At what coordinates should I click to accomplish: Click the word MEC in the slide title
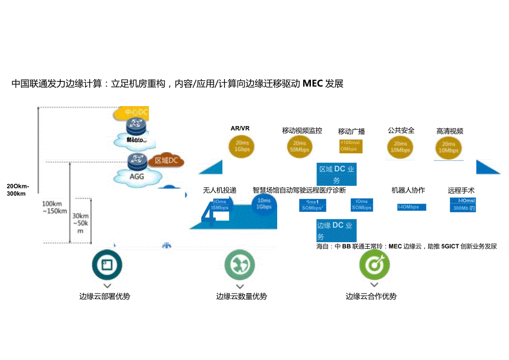pyautogui.click(x=313, y=84)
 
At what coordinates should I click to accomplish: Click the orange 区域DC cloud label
pyautogui.click(x=166, y=160)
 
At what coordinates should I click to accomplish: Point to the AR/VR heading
pyautogui.click(x=240, y=128)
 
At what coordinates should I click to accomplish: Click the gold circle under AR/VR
pyautogui.click(x=241, y=146)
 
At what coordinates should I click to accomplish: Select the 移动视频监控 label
pyautogui.click(x=302, y=131)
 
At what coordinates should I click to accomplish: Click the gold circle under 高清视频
pyautogui.click(x=449, y=147)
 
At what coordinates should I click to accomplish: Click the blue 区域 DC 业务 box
pyautogui.click(x=336, y=174)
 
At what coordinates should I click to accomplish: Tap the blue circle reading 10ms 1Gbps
pyautogui.click(x=264, y=204)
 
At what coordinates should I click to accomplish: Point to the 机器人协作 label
pyautogui.click(x=408, y=190)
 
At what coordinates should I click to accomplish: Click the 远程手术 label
pyautogui.click(x=461, y=190)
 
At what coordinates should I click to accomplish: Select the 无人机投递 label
pyautogui.click(x=220, y=190)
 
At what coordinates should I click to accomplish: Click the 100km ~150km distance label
pyautogui.click(x=55, y=207)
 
